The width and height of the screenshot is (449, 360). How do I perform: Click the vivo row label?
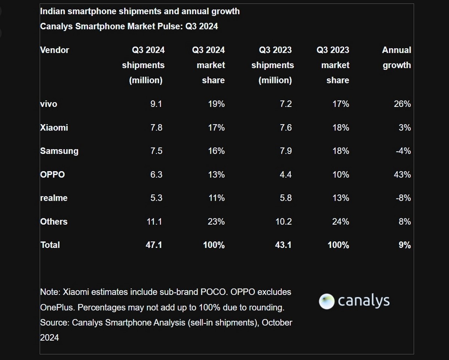[x=49, y=104]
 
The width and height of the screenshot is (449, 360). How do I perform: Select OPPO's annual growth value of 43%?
[x=402, y=175]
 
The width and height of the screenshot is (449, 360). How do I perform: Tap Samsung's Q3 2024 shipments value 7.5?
[x=156, y=151]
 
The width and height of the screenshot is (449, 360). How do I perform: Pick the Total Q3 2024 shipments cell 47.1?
[x=154, y=245]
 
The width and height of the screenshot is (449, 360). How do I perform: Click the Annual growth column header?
[x=396, y=58]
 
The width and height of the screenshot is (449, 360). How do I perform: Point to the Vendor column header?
[x=55, y=50]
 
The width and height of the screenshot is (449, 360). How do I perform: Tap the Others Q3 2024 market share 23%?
[x=216, y=222]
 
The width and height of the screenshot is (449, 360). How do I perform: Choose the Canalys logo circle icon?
[x=326, y=301]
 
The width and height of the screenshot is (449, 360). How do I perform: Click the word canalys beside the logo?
[x=363, y=301]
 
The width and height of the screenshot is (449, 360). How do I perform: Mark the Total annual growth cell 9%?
[x=404, y=245]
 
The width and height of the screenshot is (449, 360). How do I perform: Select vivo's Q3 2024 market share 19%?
[x=216, y=104]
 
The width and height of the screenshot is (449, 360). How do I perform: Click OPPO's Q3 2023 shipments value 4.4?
[x=285, y=175]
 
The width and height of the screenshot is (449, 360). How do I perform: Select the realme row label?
[x=54, y=198]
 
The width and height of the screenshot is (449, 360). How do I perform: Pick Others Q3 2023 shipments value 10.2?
[x=283, y=222]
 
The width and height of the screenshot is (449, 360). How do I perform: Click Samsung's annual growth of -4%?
[x=403, y=151]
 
